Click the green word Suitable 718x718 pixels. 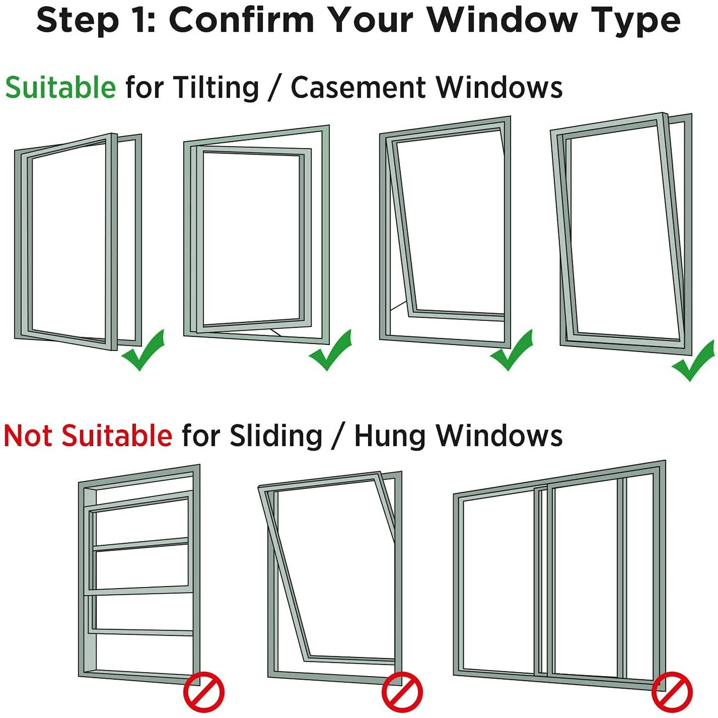(61, 87)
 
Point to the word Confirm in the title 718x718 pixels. (242, 20)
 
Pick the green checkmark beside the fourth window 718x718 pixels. (693, 360)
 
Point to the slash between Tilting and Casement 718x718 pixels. (274, 88)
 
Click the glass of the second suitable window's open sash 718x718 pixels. (251, 238)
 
